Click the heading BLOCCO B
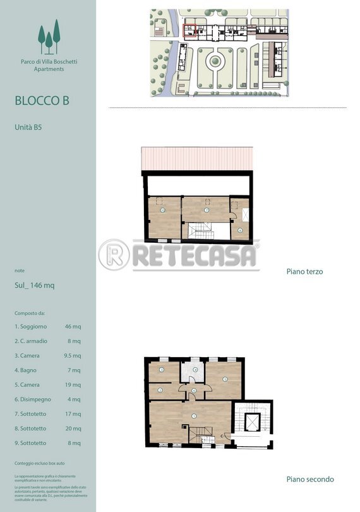click(x=42, y=101)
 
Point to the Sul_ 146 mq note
click(x=34, y=285)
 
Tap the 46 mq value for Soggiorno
click(x=73, y=327)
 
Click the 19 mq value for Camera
click(x=73, y=385)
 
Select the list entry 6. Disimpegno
click(x=32, y=399)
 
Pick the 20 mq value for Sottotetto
click(x=73, y=429)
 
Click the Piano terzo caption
click(x=304, y=271)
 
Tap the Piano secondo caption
click(x=309, y=479)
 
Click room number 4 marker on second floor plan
click(x=196, y=370)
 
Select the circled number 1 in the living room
click(x=193, y=415)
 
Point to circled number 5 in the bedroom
click(x=224, y=379)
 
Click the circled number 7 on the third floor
click(x=207, y=210)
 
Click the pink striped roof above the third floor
click(x=198, y=159)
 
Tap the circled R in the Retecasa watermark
click(x=114, y=255)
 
